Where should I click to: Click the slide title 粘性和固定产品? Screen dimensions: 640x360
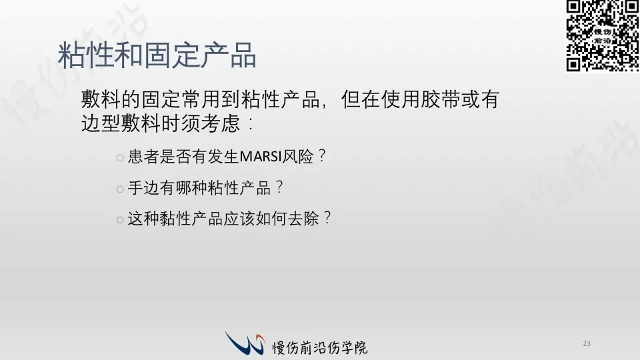tap(157, 55)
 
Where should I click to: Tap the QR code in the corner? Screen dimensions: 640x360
tap(603, 36)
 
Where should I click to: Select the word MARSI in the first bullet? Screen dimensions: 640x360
tap(261, 156)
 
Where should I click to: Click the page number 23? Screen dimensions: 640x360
tap(587, 344)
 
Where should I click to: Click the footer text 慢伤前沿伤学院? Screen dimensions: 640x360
tap(320, 348)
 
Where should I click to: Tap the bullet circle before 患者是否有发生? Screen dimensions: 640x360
tap(120, 158)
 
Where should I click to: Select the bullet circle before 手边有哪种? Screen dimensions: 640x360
tap(120, 189)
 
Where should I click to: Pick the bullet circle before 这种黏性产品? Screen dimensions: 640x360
tap(120, 220)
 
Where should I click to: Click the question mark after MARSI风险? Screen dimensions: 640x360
tap(322, 155)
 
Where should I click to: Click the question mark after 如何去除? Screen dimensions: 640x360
tap(327, 217)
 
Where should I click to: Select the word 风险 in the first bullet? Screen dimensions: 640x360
tap(297, 156)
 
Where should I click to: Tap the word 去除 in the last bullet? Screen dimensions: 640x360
tap(303, 219)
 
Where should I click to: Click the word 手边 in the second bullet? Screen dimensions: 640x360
tap(143, 188)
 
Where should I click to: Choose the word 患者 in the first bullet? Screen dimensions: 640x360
tap(143, 156)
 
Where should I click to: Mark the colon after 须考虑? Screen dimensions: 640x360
tap(251, 124)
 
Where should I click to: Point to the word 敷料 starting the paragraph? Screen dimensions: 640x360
tap(101, 99)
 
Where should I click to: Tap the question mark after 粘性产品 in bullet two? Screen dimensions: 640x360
tap(279, 187)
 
